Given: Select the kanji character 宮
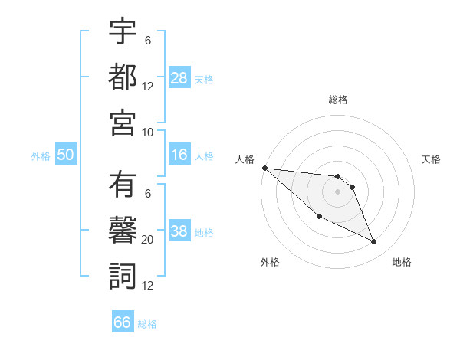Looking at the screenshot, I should [x=123, y=123].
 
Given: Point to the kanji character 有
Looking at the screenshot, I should [x=123, y=185].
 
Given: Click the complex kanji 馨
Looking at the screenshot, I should [x=123, y=231].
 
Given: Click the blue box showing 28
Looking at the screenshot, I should [x=179, y=77].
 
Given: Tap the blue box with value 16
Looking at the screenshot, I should [x=179, y=155].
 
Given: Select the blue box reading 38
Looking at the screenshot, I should [x=179, y=232].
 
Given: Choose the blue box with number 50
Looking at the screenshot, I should [x=65, y=155].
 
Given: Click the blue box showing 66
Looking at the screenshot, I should [x=123, y=322].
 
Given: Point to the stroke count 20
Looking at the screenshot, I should [x=148, y=240].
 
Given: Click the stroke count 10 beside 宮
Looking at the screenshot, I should [x=148, y=132].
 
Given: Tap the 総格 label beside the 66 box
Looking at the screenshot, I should [x=147, y=324].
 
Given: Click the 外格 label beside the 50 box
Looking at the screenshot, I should [x=41, y=156].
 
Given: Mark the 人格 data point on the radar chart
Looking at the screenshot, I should [x=264, y=168].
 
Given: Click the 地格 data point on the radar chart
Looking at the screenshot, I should [x=374, y=242].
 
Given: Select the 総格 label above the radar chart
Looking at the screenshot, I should [x=337, y=100].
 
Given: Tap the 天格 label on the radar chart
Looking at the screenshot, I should [x=431, y=159].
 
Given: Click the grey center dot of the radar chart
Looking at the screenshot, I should [x=337, y=191].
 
